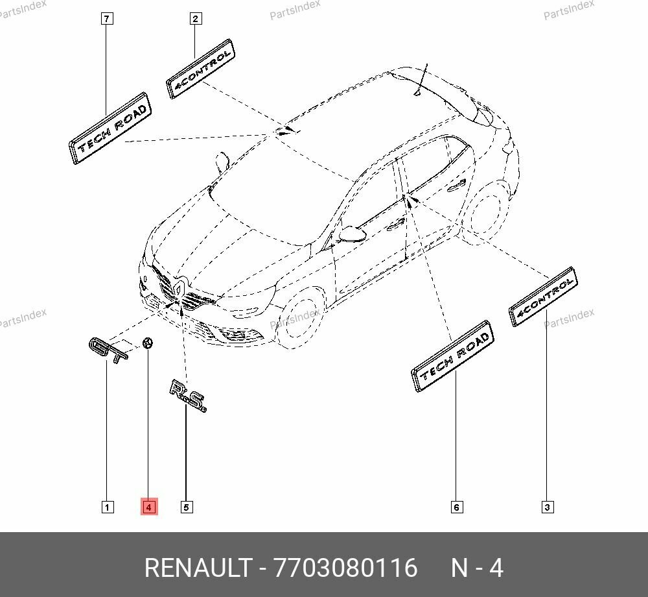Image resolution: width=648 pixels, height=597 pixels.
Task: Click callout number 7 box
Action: (108, 19)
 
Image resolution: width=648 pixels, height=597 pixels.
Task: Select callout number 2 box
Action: (195, 19)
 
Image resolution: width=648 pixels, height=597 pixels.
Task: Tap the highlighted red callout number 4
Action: (149, 507)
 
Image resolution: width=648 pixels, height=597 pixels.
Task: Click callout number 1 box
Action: (108, 507)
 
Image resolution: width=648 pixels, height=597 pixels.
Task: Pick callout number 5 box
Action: (187, 507)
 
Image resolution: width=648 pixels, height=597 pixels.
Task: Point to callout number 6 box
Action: (456, 507)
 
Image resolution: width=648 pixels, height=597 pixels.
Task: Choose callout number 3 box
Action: (547, 507)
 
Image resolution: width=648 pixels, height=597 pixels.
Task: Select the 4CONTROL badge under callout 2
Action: (200, 69)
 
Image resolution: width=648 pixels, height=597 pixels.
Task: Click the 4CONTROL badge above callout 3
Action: (543, 296)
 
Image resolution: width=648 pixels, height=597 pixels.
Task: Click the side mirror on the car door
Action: (352, 232)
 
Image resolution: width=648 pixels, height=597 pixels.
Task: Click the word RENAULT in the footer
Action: (197, 568)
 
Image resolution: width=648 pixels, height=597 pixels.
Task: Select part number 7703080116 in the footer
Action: (346, 568)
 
